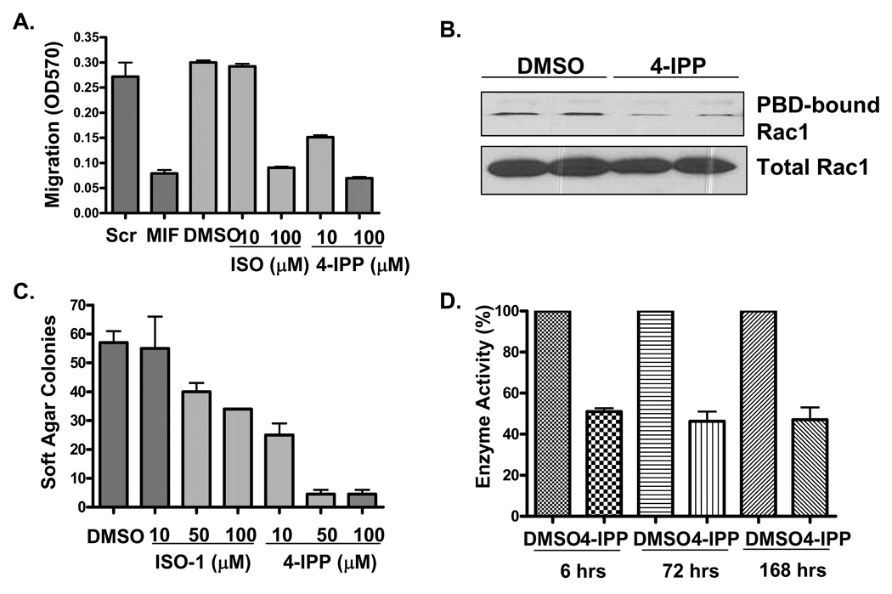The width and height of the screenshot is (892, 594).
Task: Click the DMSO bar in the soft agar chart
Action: [x=109, y=425]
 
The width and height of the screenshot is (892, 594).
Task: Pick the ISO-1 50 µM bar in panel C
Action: [x=192, y=450]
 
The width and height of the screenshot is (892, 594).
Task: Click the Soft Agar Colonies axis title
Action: [x=30, y=406]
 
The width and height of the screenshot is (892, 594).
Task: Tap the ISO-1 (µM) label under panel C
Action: [x=195, y=565]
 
